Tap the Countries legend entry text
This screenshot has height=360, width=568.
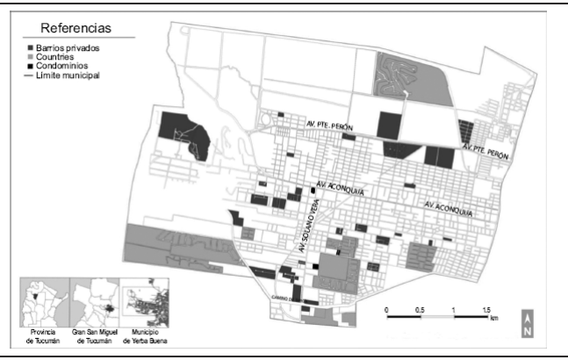[x=58, y=57]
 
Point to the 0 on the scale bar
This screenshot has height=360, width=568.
[x=387, y=309]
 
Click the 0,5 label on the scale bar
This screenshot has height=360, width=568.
[x=420, y=309]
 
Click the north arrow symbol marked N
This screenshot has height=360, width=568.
[x=527, y=322]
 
